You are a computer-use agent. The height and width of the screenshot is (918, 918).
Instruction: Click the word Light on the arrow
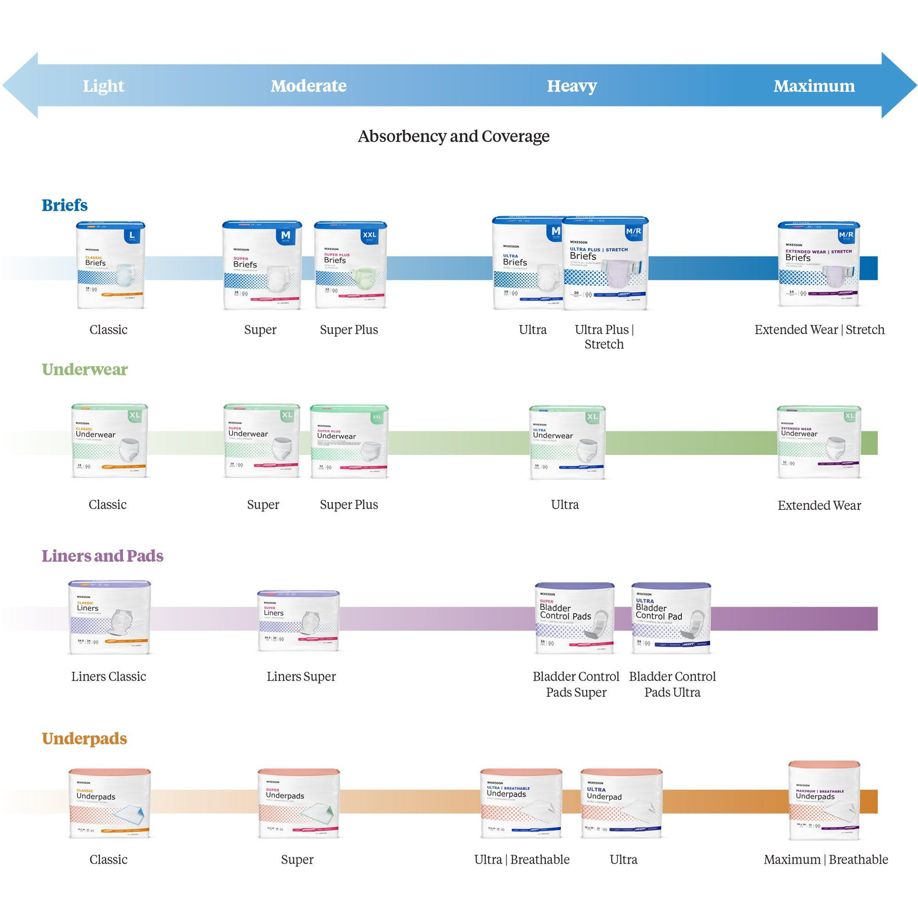(104, 86)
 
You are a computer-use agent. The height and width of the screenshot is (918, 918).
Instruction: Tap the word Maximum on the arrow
(814, 86)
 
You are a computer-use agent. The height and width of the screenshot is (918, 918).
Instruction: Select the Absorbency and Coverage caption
(453, 136)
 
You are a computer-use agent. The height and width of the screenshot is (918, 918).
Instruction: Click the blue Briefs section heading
(65, 205)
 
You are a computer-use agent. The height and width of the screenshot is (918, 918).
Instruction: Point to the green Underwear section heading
(84, 369)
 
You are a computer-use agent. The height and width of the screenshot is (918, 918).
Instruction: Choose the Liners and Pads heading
(103, 555)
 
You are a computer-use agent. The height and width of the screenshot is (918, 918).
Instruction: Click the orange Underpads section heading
(84, 739)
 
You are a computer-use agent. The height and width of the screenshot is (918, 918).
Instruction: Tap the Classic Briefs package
(111, 265)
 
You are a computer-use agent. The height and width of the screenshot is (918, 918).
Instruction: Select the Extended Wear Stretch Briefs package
(818, 264)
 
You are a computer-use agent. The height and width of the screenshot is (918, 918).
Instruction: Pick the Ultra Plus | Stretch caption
(604, 336)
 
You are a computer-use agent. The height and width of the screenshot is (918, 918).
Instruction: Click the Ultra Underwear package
(567, 442)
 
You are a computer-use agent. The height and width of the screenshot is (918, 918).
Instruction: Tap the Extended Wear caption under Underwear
(819, 505)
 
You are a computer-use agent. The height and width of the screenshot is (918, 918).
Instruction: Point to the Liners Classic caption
(109, 677)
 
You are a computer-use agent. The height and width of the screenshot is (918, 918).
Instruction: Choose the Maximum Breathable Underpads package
(823, 800)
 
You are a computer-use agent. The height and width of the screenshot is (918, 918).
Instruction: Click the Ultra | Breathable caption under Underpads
(522, 860)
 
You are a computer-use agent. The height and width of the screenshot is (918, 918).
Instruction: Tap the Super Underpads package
(298, 803)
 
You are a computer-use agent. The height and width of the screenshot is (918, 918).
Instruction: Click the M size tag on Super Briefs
(285, 235)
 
